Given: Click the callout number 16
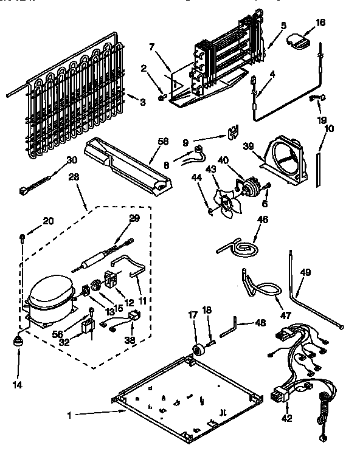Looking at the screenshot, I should (320, 22).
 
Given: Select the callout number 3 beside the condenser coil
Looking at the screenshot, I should (142, 102).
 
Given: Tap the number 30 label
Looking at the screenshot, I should (72, 160).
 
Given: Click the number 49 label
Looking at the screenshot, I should (305, 272).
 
